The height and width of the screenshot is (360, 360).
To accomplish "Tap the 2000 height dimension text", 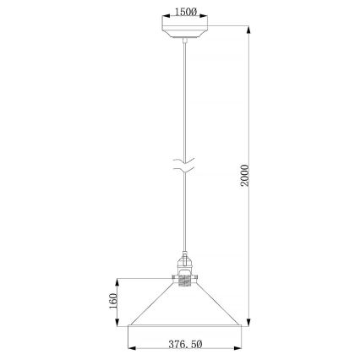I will (x=246, y=175).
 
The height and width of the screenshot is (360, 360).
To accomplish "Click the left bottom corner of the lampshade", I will (x=128, y=325).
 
